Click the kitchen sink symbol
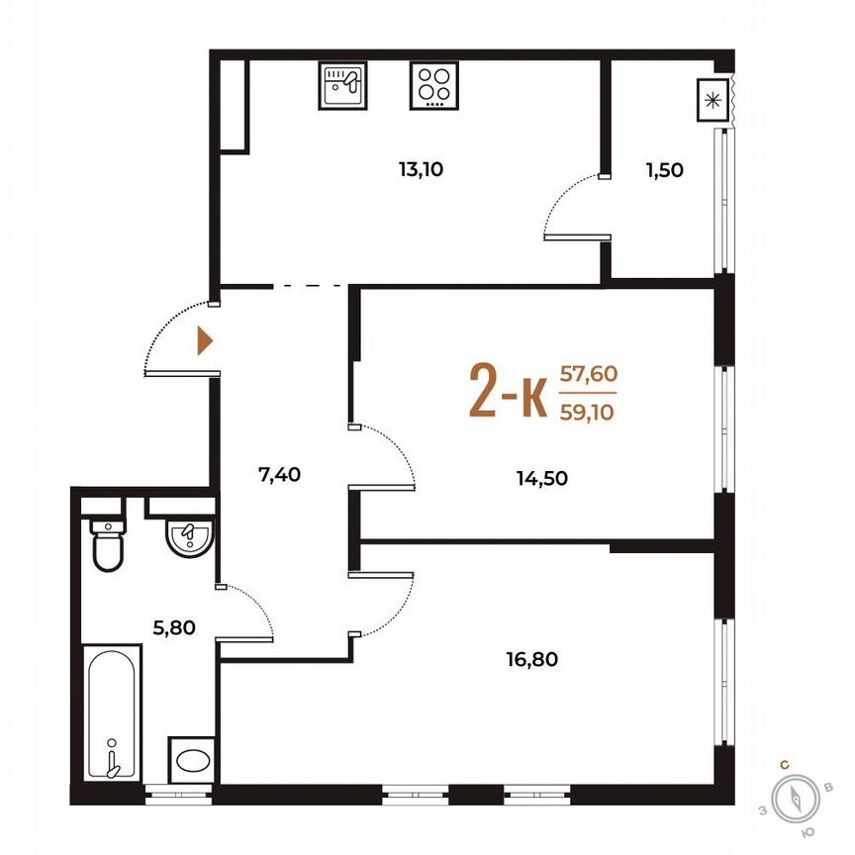[341, 85]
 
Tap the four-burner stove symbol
[432, 85]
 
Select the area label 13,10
[421, 169]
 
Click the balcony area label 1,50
[664, 169]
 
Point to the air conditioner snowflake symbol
[711, 99]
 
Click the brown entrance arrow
[205, 340]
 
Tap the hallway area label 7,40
[279, 474]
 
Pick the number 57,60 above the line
[588, 373]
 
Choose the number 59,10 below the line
[588, 413]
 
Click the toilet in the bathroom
[106, 543]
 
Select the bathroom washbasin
[189, 538]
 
